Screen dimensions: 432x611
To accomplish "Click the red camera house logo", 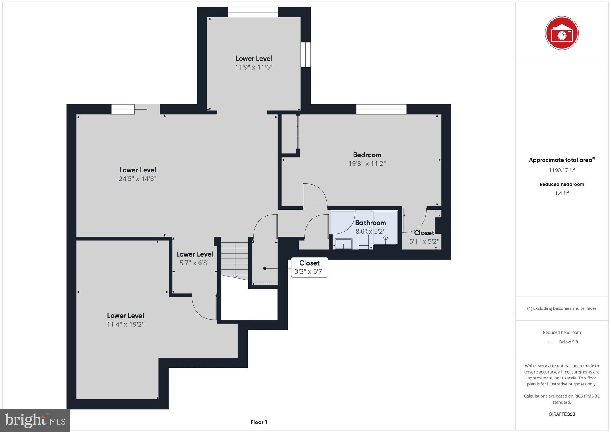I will pos(561,33).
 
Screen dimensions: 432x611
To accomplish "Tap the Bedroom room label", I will pos(367,155).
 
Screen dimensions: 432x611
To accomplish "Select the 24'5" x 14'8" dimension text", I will pos(138,179).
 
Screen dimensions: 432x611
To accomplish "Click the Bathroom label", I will pos(370,223).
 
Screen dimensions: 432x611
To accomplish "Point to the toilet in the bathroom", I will pos(364,240).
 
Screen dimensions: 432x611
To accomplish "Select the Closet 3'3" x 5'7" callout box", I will pos(309,267).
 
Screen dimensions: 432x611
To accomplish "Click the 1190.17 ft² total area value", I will pos(561,170).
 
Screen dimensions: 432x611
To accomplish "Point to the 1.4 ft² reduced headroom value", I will pos(561,193).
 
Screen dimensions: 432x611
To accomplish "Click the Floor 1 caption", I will pos(259,422).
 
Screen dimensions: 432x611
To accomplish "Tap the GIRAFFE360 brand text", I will pos(561,414).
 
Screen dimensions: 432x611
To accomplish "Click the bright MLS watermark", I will pos(35,420).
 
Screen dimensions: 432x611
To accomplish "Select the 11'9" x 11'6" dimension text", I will pos(254,67).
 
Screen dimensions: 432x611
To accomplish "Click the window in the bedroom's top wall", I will pos(381,109).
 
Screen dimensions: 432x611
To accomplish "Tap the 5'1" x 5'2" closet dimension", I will pos(424,241).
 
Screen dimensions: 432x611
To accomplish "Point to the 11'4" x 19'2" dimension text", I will pos(126,324).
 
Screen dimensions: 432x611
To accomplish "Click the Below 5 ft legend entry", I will pos(568,342).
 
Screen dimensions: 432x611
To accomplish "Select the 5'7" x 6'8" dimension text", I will pos(195,263).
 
